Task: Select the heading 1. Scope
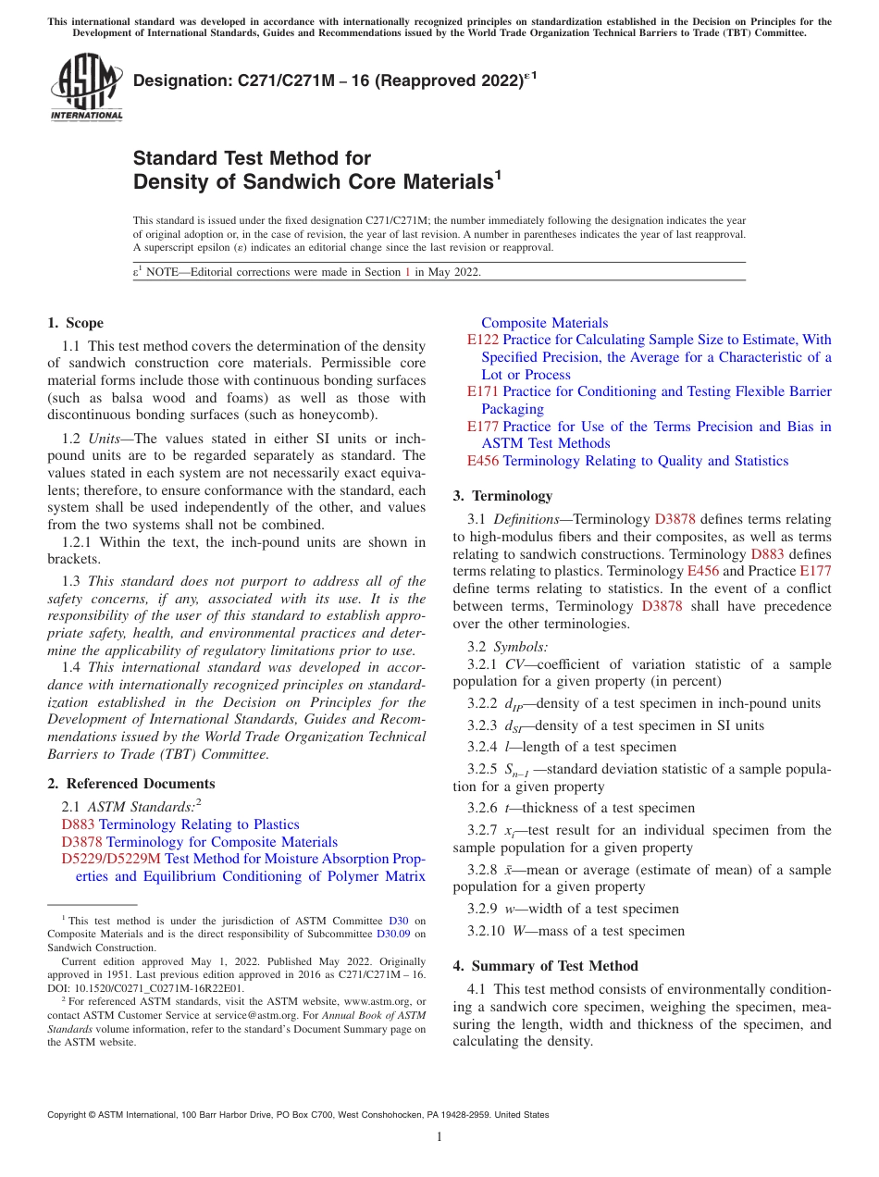[75, 323]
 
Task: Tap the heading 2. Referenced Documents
[118, 784]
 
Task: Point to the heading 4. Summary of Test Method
[545, 966]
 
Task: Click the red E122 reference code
[483, 341]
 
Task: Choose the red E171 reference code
[483, 391]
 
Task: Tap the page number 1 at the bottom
[439, 1137]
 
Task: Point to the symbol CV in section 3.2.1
[515, 664]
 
